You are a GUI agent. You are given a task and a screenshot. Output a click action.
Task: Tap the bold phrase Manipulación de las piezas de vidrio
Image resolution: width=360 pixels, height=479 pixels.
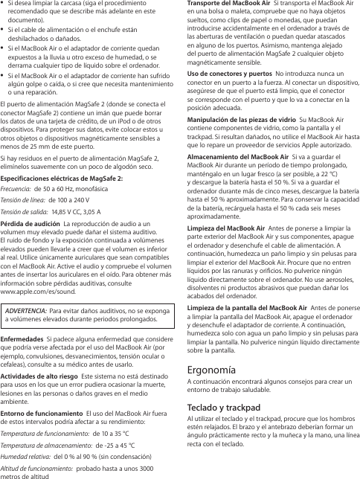pos(239,120)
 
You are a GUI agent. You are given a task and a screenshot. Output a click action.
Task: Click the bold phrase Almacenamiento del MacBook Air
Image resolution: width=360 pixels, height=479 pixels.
pos(235,157)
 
